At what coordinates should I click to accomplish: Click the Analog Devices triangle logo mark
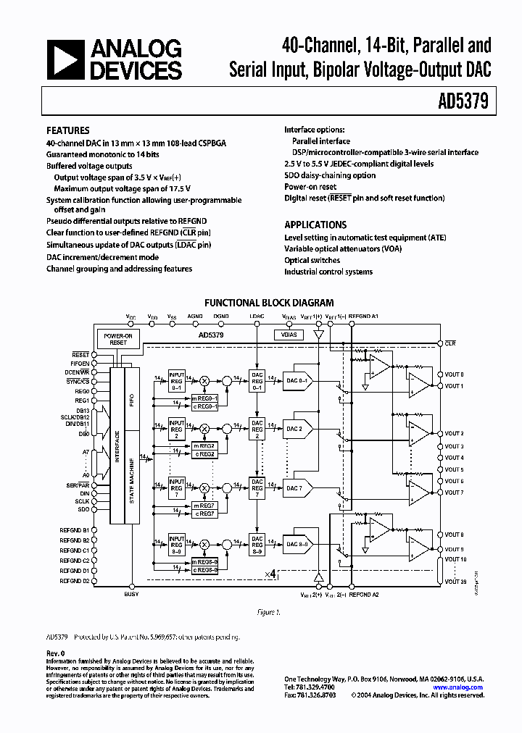tap(65, 59)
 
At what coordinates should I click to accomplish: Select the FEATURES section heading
tap(68, 131)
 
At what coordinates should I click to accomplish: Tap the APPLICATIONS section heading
tap(315, 225)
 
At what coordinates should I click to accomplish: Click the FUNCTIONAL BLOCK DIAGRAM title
tap(269, 303)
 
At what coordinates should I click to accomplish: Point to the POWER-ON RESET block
tap(118, 339)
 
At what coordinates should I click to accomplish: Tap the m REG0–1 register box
tap(204, 397)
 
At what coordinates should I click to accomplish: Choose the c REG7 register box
tap(204, 513)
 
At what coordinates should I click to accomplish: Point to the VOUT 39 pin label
tap(454, 581)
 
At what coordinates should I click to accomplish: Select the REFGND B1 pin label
tap(75, 530)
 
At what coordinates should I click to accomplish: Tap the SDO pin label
tap(83, 509)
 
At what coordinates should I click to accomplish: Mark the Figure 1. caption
tap(269, 612)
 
